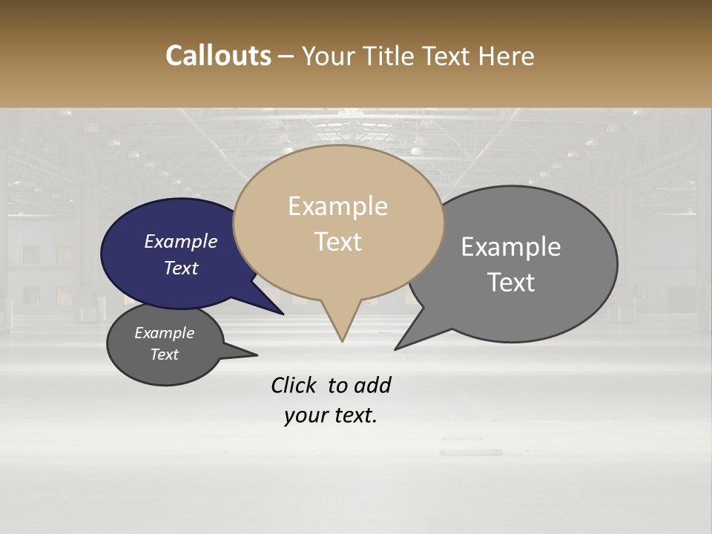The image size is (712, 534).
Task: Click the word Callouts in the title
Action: coord(218,56)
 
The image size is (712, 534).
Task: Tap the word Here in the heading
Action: coord(507,56)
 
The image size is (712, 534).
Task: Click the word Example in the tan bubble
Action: coord(337,206)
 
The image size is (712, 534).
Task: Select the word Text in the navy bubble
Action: coord(181,268)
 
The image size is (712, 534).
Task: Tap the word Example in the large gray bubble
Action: coord(511,247)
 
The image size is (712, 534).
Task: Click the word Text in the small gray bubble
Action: coord(165,355)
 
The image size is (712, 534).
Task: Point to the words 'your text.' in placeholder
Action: coord(330,415)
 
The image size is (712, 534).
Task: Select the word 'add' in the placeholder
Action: coord(372,385)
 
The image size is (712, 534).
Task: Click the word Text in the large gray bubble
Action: coord(511,282)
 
